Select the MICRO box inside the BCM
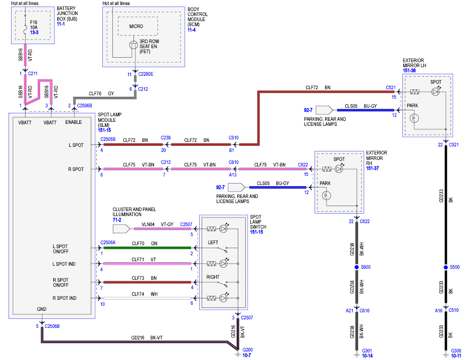click(136, 26)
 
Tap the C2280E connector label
click(146, 74)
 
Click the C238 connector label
click(166, 137)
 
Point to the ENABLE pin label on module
click(74, 122)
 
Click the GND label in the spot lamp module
click(42, 309)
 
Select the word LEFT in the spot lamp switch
click(213, 243)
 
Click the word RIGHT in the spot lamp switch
click(213, 277)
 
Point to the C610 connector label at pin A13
click(234, 162)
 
